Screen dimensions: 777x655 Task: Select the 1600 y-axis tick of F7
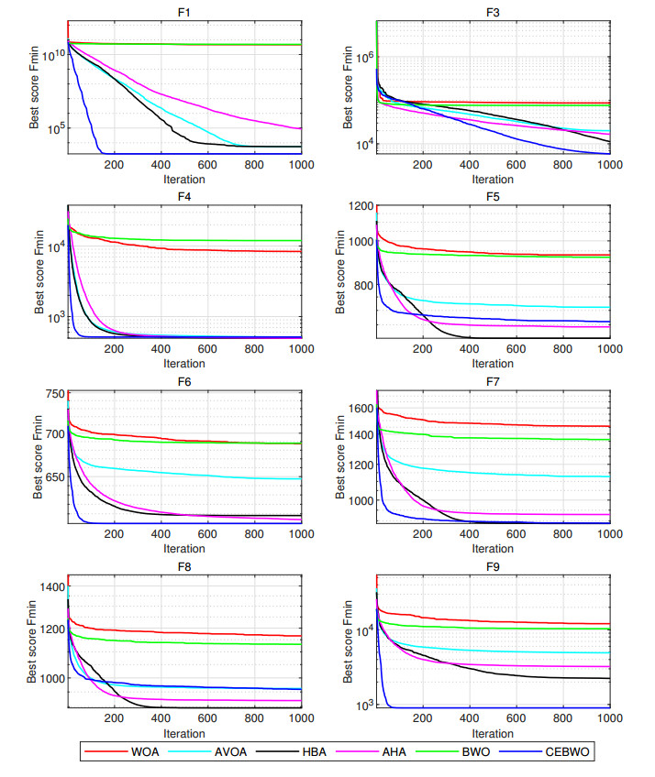pyautogui.click(x=361, y=408)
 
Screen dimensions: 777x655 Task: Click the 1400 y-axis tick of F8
pyautogui.click(x=52, y=587)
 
